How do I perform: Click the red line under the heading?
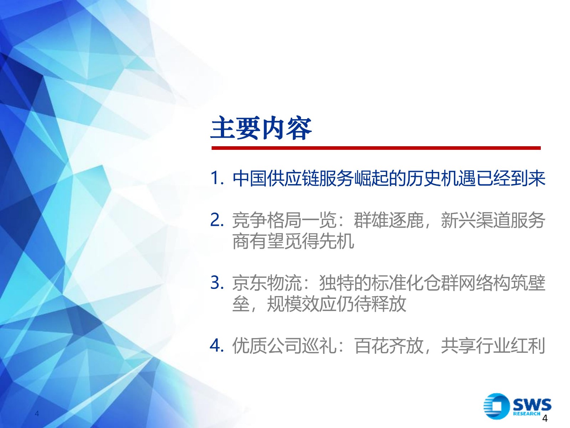pyautogui.click(x=376, y=148)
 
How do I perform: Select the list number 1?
pyautogui.click(x=217, y=178)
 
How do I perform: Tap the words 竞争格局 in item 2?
pyautogui.click(x=267, y=220)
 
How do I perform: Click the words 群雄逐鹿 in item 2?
pyautogui.click(x=389, y=220)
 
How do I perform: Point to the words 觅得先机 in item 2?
pyautogui.click(x=319, y=241)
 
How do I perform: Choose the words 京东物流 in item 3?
pyautogui.click(x=267, y=283)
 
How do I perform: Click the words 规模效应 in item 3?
pyautogui.click(x=302, y=304)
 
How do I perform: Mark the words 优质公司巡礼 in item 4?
pyautogui.click(x=284, y=346)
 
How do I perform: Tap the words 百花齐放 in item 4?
pyautogui.click(x=389, y=346)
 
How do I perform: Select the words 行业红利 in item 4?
pyautogui.click(x=511, y=346)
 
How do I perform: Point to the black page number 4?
pyautogui.click(x=545, y=418)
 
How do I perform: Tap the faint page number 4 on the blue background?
pyautogui.click(x=37, y=414)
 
